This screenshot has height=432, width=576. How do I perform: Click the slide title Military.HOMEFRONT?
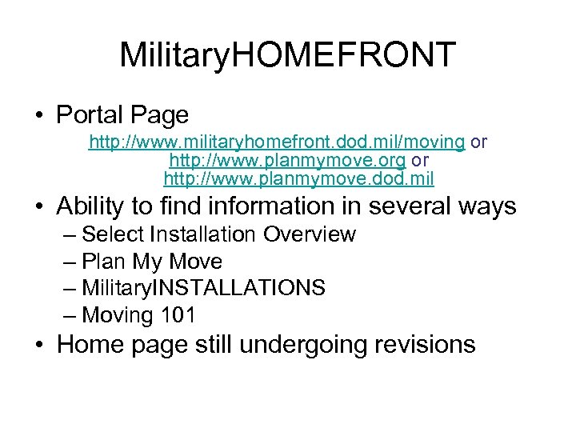(x=287, y=54)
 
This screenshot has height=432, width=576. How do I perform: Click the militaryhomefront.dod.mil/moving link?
(x=277, y=142)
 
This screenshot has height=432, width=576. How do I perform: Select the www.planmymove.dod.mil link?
(x=298, y=178)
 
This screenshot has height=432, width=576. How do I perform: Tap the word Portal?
(x=87, y=115)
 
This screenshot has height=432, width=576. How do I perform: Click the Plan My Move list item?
(x=152, y=262)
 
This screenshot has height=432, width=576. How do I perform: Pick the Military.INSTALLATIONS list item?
(x=204, y=288)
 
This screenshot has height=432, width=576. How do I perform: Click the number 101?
(x=178, y=315)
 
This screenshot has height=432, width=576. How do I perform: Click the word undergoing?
(x=303, y=345)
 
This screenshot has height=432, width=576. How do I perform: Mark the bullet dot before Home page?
(x=39, y=346)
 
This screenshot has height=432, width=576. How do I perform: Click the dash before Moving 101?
(x=69, y=315)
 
